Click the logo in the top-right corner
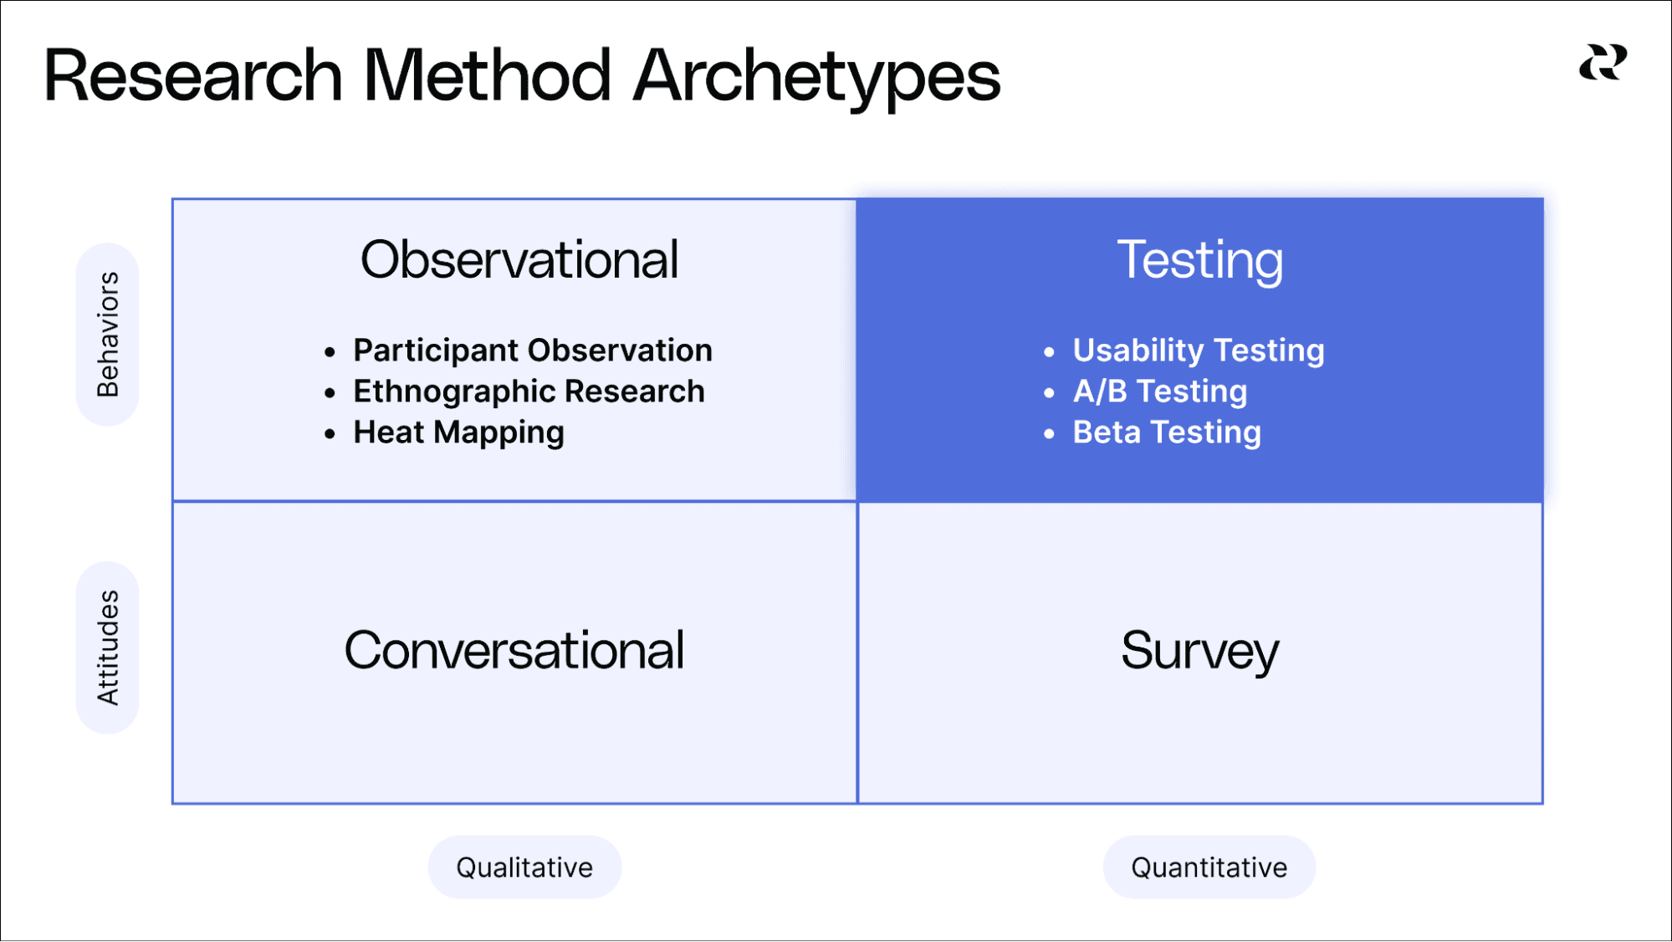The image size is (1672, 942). [x=1603, y=64]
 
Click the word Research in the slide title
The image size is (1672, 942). [x=192, y=76]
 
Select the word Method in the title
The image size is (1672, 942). [x=487, y=76]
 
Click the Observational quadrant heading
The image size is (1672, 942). [x=519, y=260]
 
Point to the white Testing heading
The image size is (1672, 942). [x=1199, y=260]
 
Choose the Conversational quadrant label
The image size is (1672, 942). [x=514, y=650]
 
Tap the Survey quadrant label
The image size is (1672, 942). [x=1199, y=650]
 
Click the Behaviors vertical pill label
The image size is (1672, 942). [x=108, y=334]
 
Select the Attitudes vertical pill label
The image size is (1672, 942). [x=108, y=648]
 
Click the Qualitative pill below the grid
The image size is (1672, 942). [x=524, y=868]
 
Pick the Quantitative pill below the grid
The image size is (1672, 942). [x=1209, y=868]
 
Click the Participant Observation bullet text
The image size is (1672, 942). [x=532, y=351]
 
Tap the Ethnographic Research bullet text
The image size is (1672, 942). [x=529, y=392]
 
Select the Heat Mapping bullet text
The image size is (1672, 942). [x=458, y=433]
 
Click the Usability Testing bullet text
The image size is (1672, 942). [x=1198, y=351]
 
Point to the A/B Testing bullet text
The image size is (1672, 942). [x=1159, y=392]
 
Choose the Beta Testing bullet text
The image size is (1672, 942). [x=1166, y=433]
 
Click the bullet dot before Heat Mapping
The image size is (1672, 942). [x=330, y=434]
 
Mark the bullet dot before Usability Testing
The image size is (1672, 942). [x=1049, y=352]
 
